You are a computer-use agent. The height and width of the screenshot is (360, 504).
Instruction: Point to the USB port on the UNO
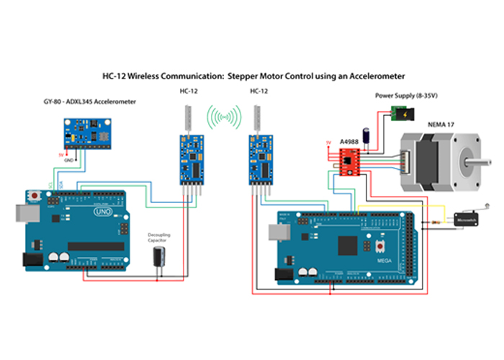[22, 213]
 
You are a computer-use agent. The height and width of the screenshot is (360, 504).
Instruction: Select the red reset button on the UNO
[35, 194]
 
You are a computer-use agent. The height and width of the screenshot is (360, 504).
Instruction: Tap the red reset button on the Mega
[379, 246]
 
